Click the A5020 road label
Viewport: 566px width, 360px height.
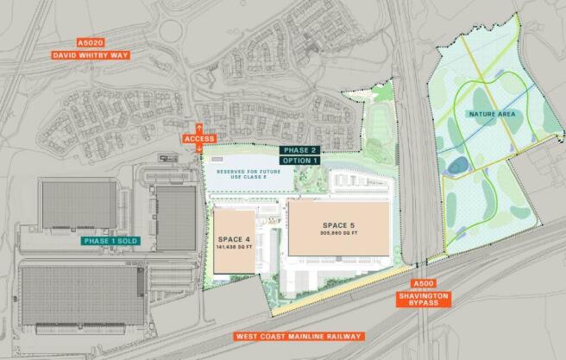[91, 41]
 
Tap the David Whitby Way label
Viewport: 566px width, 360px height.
[91, 56]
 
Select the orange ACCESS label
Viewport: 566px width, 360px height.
[199, 138]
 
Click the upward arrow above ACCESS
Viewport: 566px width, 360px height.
[200, 128]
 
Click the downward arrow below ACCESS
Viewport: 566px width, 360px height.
[200, 148]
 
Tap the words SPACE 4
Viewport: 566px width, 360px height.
[235, 239]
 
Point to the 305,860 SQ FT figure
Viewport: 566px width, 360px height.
[334, 233]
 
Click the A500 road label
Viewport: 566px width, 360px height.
[424, 284]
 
